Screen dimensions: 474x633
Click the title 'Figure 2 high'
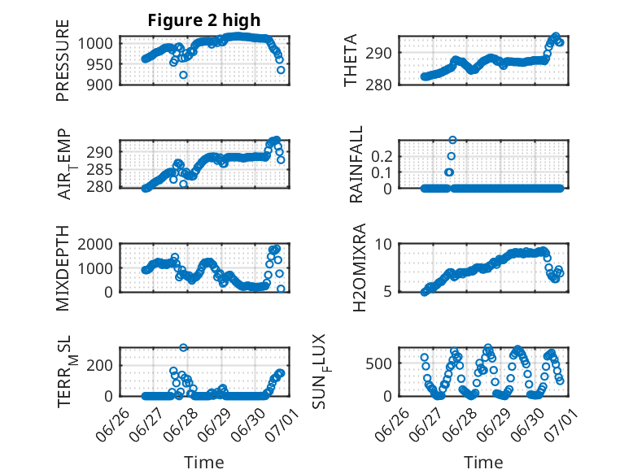coord(204,20)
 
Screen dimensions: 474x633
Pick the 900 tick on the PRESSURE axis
coord(103,84)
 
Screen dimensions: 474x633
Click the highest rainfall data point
coord(452,140)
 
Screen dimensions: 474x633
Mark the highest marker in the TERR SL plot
coord(184,348)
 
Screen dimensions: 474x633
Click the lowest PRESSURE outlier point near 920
coord(184,75)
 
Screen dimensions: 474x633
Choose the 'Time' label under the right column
coord(483,463)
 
